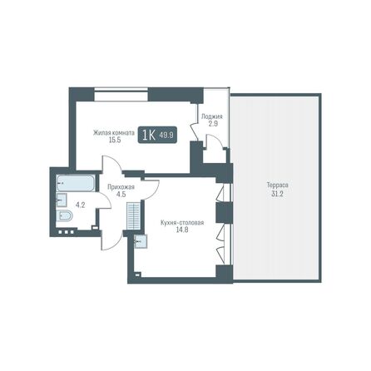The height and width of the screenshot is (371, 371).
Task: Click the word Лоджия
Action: (211, 116)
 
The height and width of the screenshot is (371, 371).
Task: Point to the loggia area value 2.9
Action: (211, 123)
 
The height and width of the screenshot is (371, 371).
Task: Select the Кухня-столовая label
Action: (182, 223)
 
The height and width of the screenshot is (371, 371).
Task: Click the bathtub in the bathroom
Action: (76, 184)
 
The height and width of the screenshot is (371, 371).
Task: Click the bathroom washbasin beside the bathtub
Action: (61, 200)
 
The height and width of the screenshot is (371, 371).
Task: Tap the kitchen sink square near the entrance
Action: (140, 241)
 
